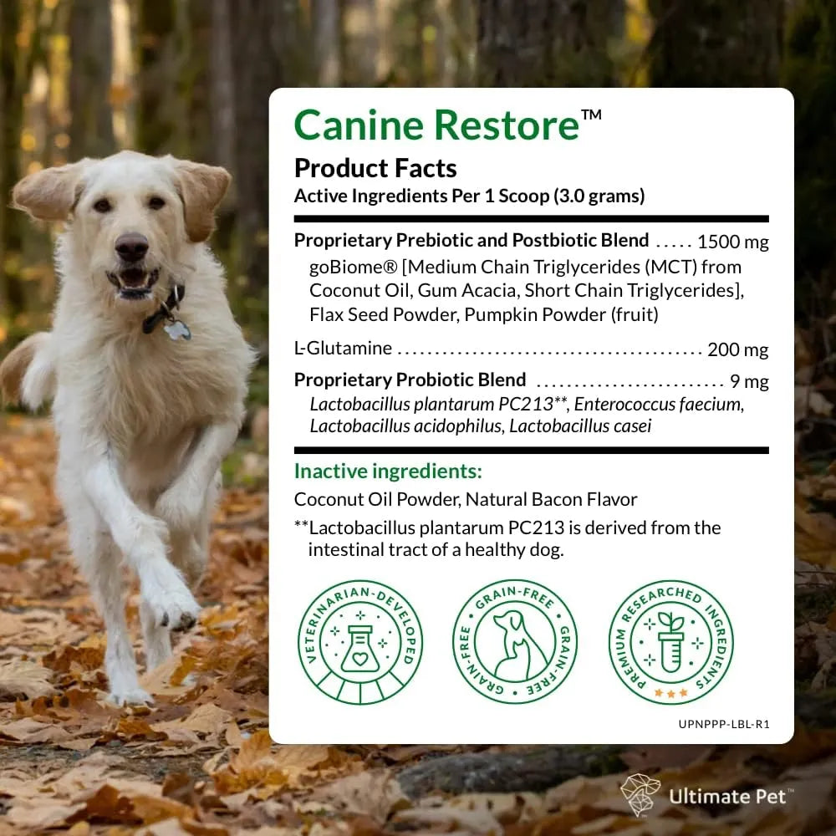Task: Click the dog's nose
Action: coord(130,247)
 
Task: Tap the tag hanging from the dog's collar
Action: coord(177,329)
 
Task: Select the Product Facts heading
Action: coord(375,168)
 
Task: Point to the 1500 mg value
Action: coord(732,242)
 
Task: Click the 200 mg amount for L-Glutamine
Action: coord(737,349)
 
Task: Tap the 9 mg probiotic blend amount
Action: coord(748,381)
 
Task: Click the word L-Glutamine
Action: coord(343,349)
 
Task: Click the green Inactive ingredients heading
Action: coord(388,471)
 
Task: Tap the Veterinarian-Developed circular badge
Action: coord(361,641)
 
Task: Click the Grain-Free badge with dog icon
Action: coord(516,641)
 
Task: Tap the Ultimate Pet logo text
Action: coord(726,794)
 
